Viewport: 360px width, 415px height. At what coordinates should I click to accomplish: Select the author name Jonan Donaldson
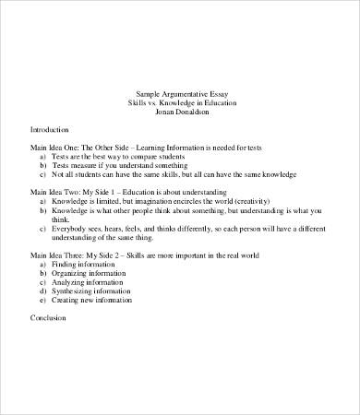click(182, 112)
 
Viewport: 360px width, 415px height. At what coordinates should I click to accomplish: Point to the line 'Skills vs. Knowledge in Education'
click(182, 102)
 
